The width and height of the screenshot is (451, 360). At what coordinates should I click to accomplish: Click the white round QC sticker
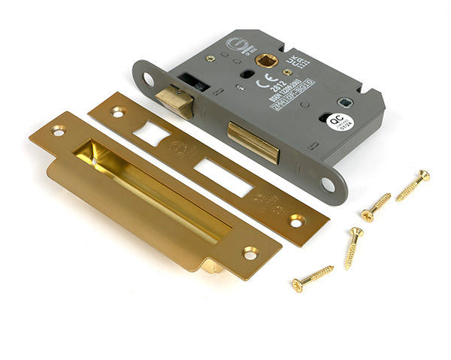click(337, 122)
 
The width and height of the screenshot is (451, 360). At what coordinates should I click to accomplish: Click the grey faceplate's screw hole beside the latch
click(148, 77)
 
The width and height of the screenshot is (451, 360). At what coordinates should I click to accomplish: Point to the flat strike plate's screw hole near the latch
click(118, 112)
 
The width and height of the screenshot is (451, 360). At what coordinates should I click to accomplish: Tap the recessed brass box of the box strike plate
click(150, 188)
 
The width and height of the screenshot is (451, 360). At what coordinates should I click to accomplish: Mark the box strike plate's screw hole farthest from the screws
click(58, 131)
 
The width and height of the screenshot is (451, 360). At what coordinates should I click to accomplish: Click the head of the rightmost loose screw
click(425, 177)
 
